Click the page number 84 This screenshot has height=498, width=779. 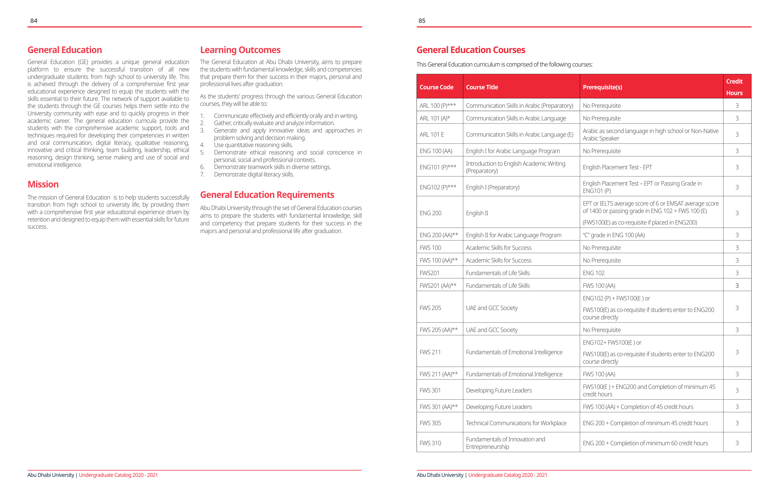pos(34,21)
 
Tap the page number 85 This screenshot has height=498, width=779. pos(422,21)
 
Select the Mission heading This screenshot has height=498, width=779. pos(43,184)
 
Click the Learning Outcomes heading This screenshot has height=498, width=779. pos(240,50)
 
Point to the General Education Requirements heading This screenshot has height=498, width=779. pos(267,195)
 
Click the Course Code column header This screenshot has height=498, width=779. pos(436,87)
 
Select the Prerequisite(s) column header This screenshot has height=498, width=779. pos(602,87)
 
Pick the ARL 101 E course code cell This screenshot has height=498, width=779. pos(432,135)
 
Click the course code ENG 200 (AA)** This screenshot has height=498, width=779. pos(438,235)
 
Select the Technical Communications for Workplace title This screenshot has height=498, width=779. pos(516,423)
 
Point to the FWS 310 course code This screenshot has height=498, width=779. pos(430,443)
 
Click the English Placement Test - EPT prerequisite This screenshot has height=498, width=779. pos(617,167)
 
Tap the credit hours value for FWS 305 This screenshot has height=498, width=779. pos(737,423)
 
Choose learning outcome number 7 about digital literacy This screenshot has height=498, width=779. pos(254,175)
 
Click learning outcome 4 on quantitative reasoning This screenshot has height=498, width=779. pos(253,145)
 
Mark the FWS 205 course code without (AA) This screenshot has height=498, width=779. pos(430,308)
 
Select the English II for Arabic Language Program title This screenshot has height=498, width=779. pos(513,235)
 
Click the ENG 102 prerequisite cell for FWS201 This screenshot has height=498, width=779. pos(593,273)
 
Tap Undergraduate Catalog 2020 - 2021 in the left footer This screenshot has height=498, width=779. pos(118,475)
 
